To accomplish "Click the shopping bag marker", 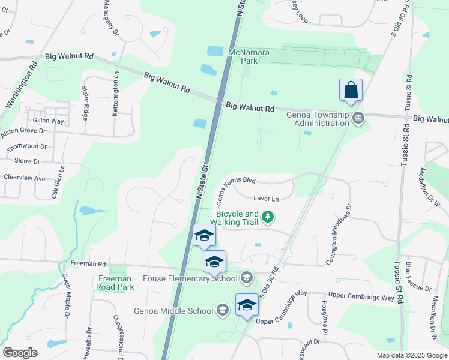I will pos(351,91).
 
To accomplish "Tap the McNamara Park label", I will pos(249,57).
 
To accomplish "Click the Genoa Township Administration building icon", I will pos(359,117).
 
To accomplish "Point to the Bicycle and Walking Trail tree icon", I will pos(270,217).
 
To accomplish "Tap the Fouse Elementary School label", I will pos(190,278).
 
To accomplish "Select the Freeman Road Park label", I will pos(114,283).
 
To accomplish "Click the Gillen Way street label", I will pos(49,121).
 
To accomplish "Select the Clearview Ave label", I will pos(25,178).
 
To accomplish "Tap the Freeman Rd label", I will pos(88,263).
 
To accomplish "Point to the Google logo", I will pos(20,352).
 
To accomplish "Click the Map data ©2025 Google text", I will pos(411,355).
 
